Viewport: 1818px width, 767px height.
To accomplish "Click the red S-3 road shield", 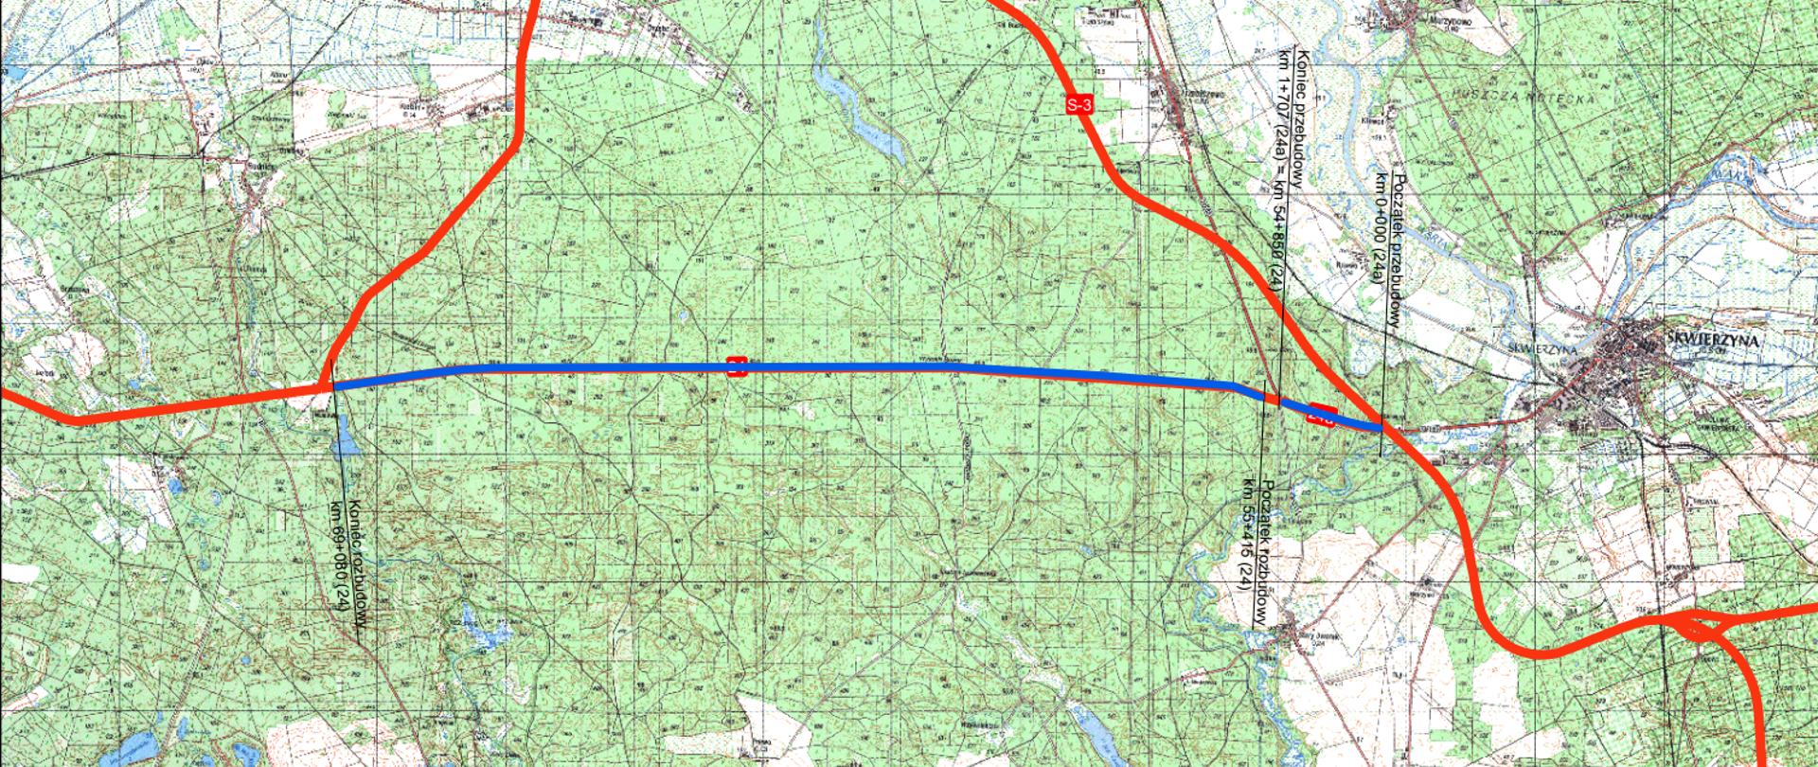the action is [x=1079, y=104].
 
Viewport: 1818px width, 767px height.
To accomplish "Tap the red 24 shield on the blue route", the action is [x=737, y=366].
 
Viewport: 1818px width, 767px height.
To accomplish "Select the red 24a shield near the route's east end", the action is [x=1321, y=415].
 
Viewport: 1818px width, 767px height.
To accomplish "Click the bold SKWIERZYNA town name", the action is [x=1711, y=340].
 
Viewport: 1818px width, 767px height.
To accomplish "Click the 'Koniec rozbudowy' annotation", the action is [x=357, y=563].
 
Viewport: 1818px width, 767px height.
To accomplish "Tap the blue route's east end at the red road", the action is [x=1381, y=428].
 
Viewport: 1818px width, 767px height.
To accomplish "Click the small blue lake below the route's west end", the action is [x=345, y=441].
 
